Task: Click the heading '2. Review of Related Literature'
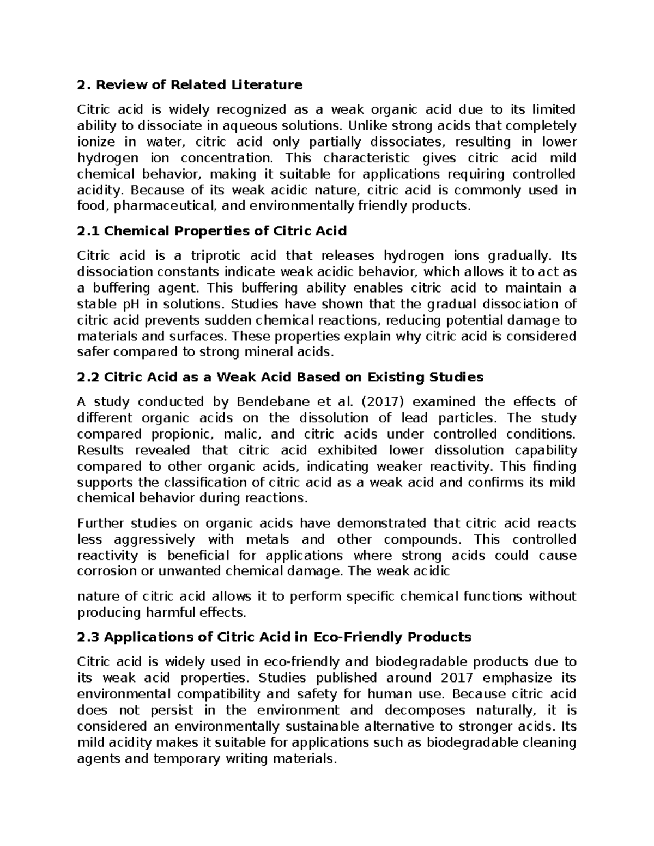point(190,85)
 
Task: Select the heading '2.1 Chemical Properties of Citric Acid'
point(212,231)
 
